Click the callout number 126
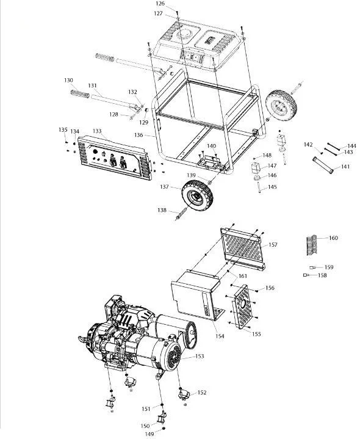point(160,4)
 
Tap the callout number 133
point(97,131)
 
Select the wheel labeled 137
point(198,195)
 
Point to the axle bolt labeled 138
point(181,215)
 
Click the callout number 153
point(200,356)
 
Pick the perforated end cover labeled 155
point(244,307)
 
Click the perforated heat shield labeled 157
point(242,248)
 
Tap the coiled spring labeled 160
point(312,245)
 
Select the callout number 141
point(345,166)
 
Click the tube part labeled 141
point(323,165)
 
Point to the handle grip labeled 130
point(80,93)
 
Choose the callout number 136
point(139,135)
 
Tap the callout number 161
point(242,276)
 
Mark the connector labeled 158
point(306,275)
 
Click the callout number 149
point(149,434)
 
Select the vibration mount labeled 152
point(184,394)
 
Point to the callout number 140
point(212,146)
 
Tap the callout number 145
point(272,187)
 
